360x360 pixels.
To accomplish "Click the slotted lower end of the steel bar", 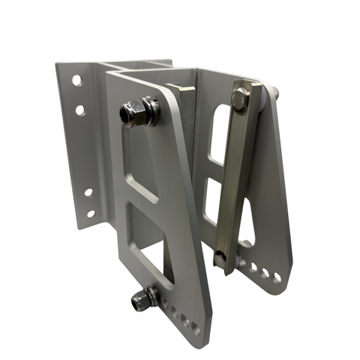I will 220,260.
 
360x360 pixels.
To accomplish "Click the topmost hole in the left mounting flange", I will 76,79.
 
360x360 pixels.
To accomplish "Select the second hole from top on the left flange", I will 79,110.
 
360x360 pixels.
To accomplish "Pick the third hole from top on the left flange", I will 88,192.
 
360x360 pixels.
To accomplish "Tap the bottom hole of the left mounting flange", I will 91,214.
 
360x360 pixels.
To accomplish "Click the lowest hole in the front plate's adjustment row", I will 194,327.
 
